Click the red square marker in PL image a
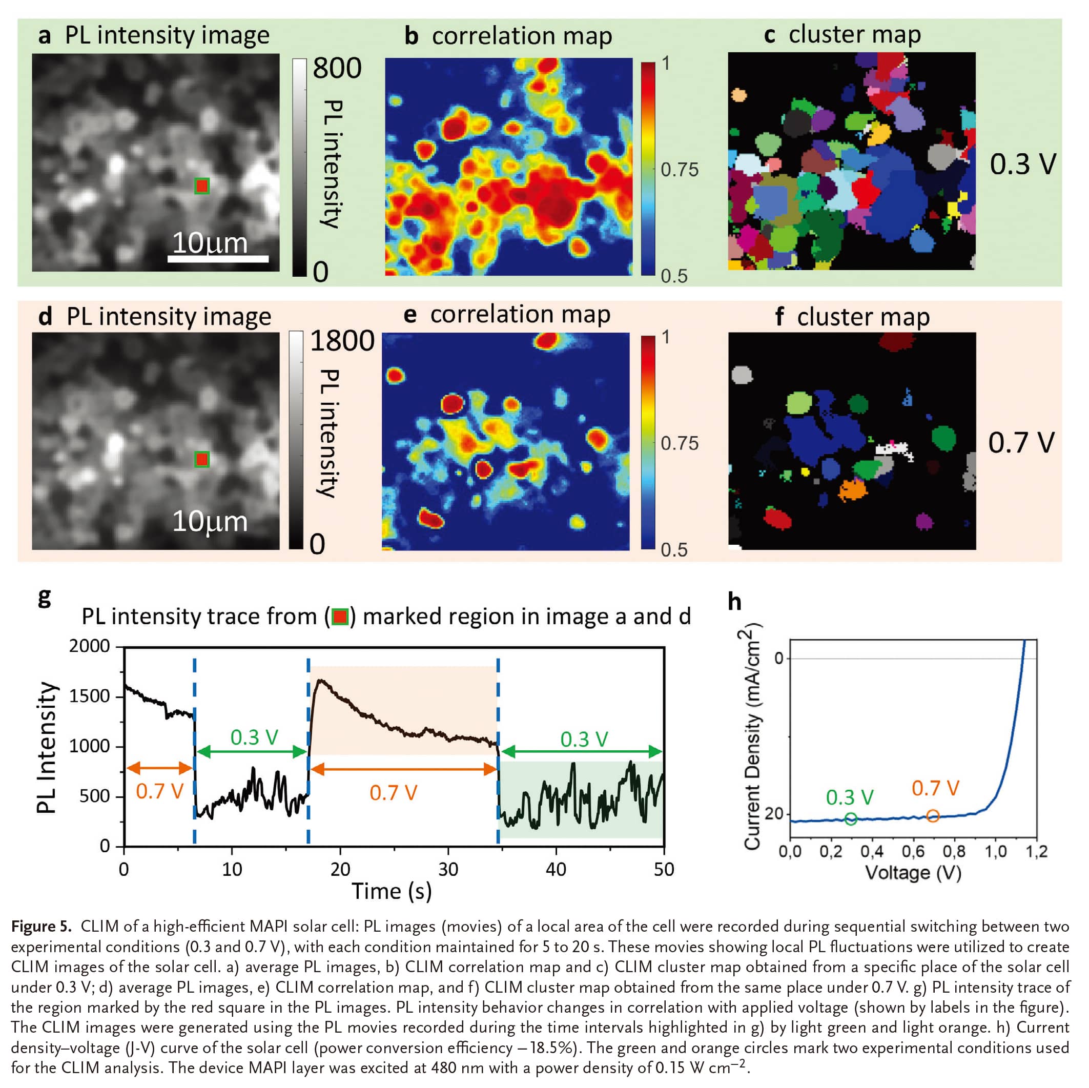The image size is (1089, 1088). (202, 186)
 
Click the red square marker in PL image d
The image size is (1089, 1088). (202, 459)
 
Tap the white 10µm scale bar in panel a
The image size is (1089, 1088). (218, 258)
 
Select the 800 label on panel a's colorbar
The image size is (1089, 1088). (337, 68)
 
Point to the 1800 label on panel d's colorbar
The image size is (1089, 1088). (342, 341)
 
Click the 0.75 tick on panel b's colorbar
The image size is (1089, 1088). (679, 170)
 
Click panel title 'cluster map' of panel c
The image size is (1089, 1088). (854, 34)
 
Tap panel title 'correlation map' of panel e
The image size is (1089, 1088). (520, 314)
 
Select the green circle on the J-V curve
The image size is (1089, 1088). (851, 818)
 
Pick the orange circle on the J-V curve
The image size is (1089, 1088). (933, 815)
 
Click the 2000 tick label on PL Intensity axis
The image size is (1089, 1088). (90, 646)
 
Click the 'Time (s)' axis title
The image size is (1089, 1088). (392, 891)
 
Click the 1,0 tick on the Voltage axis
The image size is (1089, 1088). (996, 851)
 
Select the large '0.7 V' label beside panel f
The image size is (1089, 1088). (1021, 443)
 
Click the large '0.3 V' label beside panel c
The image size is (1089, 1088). (1023, 165)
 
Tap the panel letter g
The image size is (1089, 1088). (44, 597)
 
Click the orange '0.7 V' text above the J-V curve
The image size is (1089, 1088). (936, 788)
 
